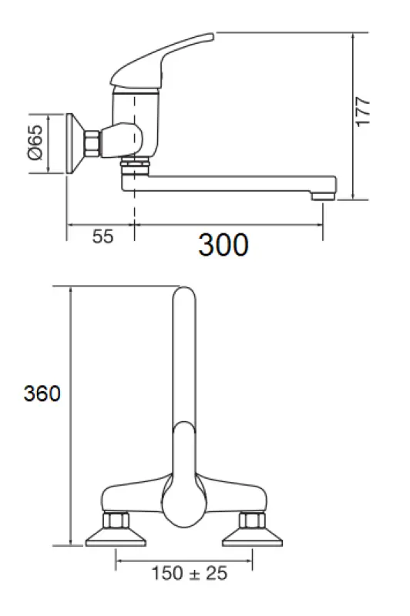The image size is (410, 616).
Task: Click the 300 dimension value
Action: [x=223, y=245]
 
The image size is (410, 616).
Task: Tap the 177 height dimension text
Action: [x=364, y=112]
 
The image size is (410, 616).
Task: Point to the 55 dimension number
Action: [x=102, y=237]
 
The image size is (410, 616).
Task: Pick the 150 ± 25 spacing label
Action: [x=190, y=573]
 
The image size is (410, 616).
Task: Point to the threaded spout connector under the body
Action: [x=136, y=165]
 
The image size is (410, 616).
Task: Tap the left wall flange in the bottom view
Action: [x=115, y=534]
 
